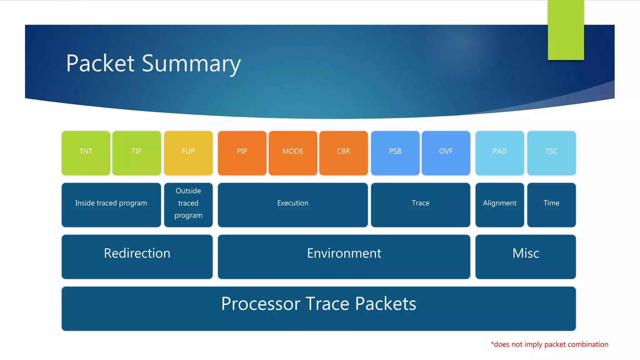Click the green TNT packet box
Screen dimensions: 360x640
[86, 153]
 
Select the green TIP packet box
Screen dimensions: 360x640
[137, 153]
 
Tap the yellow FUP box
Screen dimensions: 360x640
[188, 153]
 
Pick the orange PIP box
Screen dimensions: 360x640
[242, 153]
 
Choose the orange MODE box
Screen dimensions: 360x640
[293, 153]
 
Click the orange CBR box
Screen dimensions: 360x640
[343, 153]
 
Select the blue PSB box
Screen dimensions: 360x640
[395, 153]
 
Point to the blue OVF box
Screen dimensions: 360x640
[446, 153]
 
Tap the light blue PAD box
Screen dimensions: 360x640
[499, 153]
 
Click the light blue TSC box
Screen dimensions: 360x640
[551, 153]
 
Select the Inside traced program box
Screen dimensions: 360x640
[111, 205]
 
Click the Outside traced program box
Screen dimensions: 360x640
[188, 205]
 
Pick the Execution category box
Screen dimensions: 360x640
[293, 205]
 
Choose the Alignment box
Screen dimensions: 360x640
[499, 205]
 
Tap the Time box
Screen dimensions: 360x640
[551, 205]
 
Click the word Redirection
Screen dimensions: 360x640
[137, 253]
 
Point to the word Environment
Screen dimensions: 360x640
[344, 253]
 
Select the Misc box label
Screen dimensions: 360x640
[526, 253]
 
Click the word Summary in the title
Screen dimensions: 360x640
[191, 64]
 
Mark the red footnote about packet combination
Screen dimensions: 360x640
[549, 344]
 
